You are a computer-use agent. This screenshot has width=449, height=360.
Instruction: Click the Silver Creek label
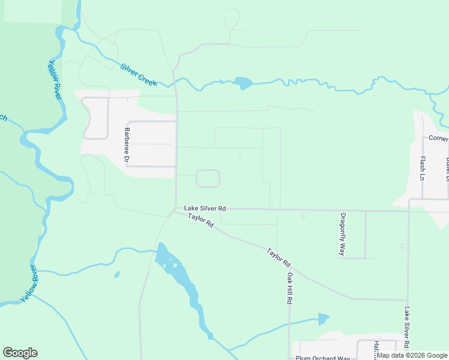click(x=139, y=74)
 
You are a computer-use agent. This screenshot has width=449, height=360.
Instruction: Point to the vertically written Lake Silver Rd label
click(x=406, y=328)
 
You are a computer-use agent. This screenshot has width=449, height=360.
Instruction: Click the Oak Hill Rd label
click(x=289, y=289)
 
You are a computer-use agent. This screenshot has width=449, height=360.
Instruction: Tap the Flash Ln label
click(x=423, y=169)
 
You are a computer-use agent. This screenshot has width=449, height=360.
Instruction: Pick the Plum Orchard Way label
click(x=322, y=358)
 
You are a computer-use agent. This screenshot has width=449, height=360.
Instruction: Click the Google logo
click(x=20, y=353)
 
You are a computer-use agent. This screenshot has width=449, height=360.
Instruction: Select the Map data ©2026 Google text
click(x=412, y=355)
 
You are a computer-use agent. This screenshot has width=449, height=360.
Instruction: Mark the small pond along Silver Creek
click(x=243, y=83)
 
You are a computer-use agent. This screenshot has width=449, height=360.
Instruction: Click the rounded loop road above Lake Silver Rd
click(x=208, y=178)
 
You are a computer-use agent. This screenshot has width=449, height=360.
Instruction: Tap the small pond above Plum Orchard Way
click(x=324, y=319)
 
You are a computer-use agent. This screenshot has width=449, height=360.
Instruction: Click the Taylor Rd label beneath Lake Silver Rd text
click(x=200, y=220)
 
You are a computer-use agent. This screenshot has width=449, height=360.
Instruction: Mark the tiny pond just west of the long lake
click(x=116, y=275)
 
